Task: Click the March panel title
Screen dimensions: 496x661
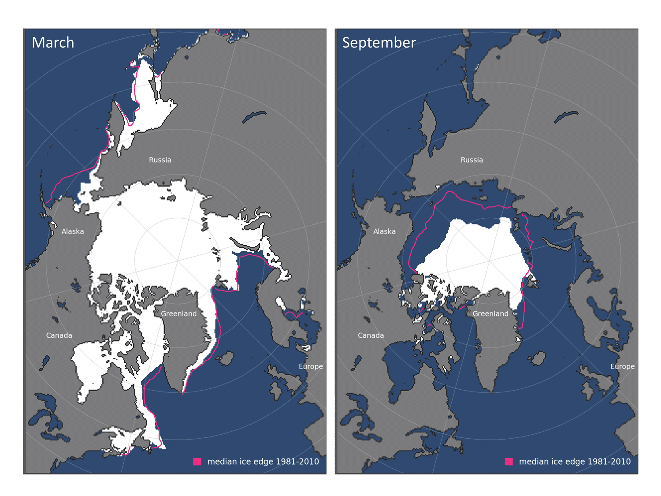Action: [53, 43]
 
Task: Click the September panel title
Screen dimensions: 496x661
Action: [379, 43]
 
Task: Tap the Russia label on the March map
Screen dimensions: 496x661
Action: [160, 160]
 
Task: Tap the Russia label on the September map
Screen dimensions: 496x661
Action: [472, 160]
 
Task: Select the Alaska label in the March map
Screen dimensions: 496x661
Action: [73, 231]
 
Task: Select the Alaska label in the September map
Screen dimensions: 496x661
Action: [384, 231]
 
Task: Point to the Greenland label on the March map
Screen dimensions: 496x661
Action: [178, 314]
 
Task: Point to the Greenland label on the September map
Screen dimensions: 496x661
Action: [490, 314]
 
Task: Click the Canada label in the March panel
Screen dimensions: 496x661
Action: [59, 336]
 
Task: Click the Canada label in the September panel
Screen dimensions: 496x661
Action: [371, 336]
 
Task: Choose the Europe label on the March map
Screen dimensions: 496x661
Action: [311, 366]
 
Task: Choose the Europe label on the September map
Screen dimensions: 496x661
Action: [622, 366]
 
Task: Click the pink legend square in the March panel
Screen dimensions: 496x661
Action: [197, 462]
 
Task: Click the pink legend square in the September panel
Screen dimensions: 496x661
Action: [509, 462]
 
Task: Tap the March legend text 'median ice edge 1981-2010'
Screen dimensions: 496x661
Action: [263, 462]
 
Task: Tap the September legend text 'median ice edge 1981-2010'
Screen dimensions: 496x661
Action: [575, 462]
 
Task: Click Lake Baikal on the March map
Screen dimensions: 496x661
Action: [254, 117]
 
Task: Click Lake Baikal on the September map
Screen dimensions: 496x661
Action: [566, 117]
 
